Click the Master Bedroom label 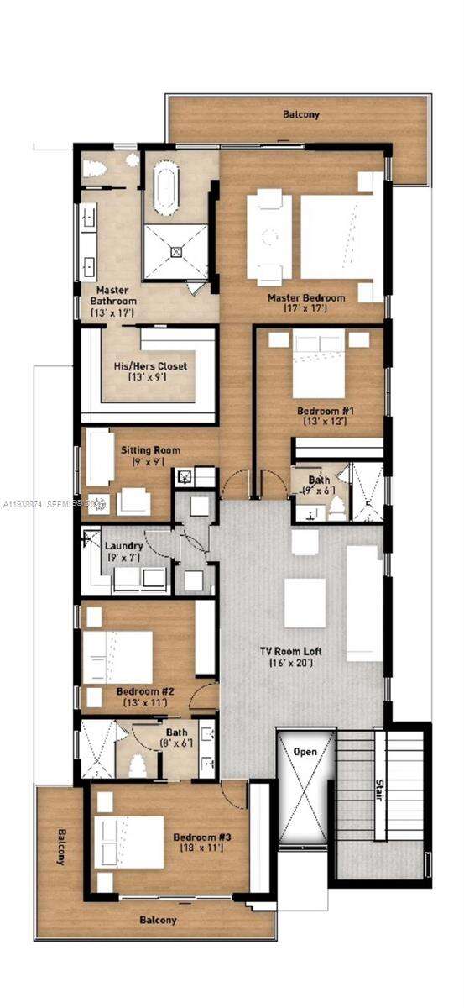306,298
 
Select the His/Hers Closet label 150,366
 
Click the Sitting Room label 149,450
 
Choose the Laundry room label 124,546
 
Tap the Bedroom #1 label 321,412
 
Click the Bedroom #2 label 145,692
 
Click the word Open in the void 305,751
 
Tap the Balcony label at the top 300,113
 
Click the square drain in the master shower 176,250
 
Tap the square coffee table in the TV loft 305,602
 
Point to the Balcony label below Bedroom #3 158,920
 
